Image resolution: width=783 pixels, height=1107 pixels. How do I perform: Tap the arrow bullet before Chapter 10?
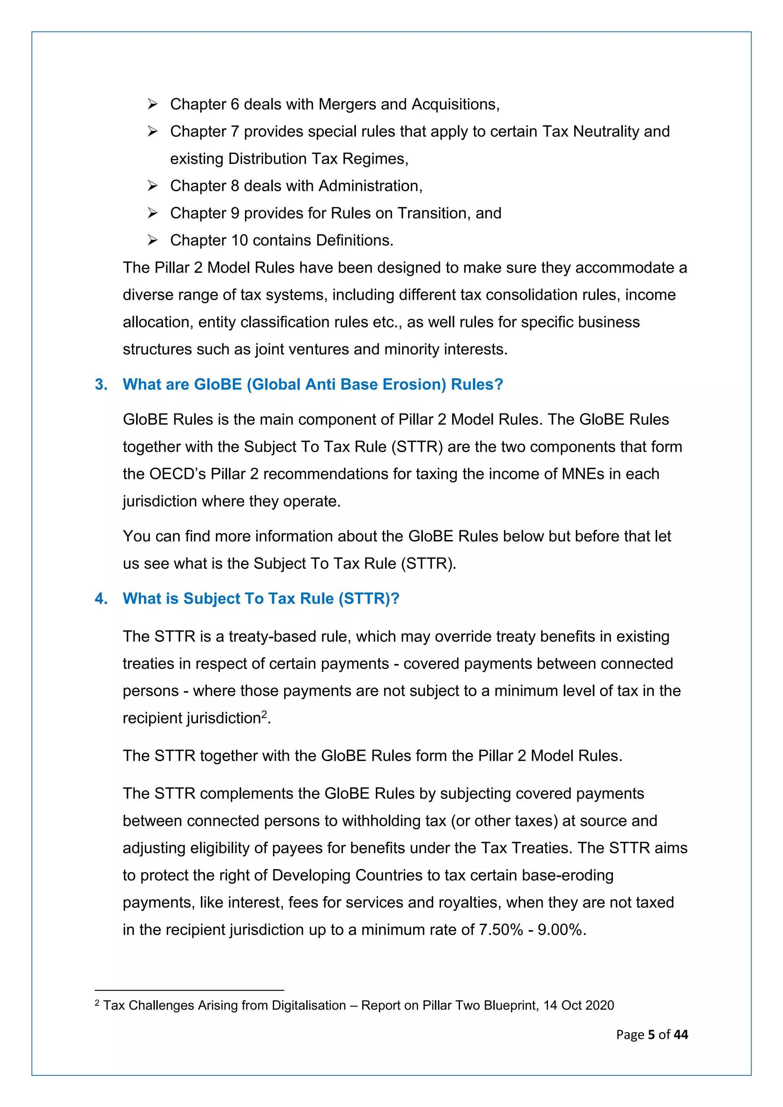pos(153,240)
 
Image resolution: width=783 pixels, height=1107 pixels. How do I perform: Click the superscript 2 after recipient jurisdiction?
pos(264,714)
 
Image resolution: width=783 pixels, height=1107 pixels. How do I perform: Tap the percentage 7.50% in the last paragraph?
pos(500,930)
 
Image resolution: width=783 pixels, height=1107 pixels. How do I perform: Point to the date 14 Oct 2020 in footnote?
pos(578,1005)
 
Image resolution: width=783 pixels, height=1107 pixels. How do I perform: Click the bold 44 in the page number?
pos(681,1035)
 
